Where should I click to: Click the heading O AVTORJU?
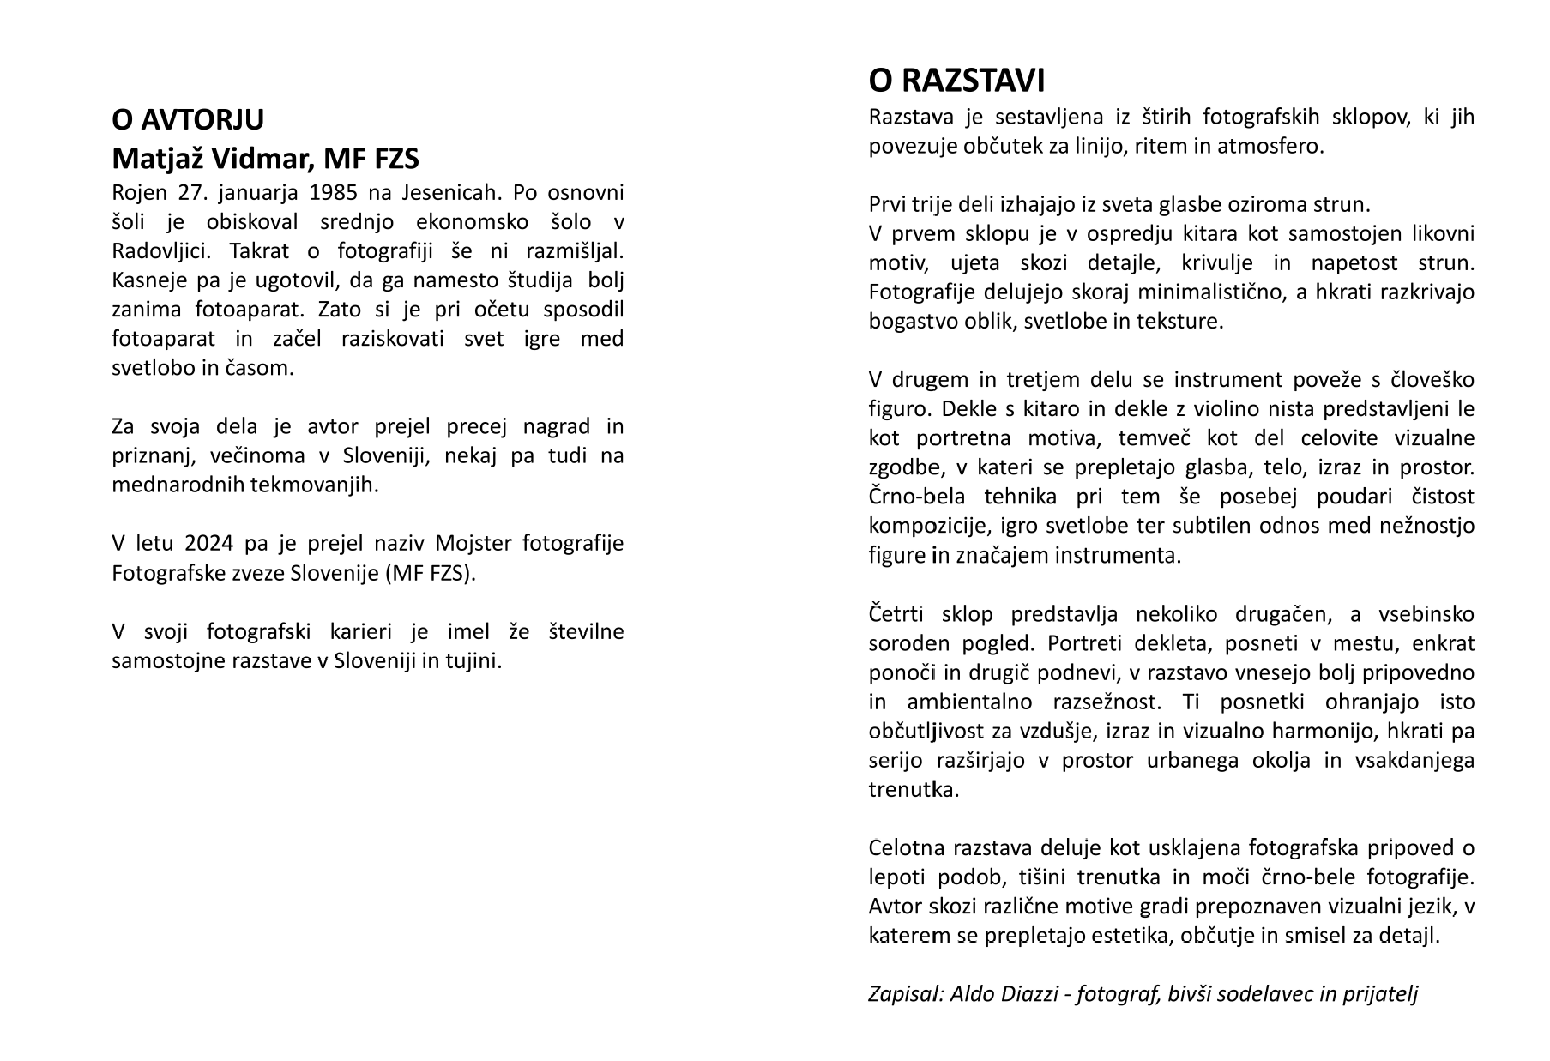pos(188,120)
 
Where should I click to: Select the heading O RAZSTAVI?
pos(956,81)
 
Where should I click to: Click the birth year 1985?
pos(334,192)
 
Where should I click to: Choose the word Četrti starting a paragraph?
pos(896,614)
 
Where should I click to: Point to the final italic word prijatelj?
pos(1379,994)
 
